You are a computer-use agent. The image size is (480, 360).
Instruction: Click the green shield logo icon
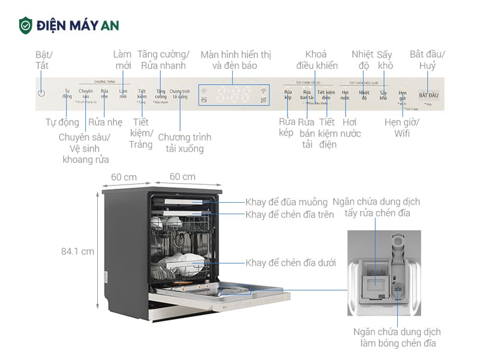25,25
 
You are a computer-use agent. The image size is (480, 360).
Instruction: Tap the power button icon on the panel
41,93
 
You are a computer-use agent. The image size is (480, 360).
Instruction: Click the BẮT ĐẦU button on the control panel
428,95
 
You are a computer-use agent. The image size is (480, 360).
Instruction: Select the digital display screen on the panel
233,94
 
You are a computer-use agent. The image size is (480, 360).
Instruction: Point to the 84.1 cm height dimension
77,251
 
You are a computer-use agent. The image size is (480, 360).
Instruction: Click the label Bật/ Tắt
42,59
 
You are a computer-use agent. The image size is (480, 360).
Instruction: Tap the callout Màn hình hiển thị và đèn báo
235,59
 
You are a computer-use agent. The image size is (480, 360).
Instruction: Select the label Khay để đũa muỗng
286,202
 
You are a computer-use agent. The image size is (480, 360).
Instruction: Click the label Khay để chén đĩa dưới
290,263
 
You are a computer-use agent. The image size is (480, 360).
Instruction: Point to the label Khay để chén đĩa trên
289,215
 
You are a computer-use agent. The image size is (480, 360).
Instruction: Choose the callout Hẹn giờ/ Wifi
402,128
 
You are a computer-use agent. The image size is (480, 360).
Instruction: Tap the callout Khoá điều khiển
317,59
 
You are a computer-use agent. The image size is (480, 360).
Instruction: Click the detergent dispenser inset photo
384,273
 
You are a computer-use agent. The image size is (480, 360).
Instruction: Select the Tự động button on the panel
67,93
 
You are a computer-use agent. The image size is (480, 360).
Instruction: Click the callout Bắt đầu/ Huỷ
431,59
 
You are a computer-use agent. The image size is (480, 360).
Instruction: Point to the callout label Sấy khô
385,59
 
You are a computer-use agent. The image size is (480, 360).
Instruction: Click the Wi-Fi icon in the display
263,91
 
